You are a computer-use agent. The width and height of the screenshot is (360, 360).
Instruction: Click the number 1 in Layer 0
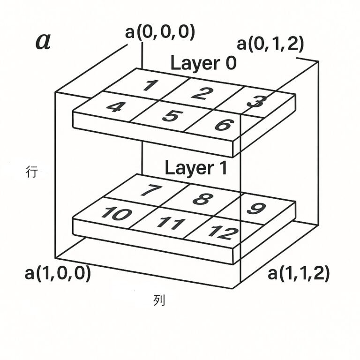point(149,85)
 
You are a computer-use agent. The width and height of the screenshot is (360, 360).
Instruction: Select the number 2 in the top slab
point(199,93)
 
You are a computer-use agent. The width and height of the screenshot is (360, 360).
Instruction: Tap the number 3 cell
point(255,101)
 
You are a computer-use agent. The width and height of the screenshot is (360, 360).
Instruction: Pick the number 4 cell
point(114,107)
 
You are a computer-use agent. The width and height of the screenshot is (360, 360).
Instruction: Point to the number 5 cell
point(169,115)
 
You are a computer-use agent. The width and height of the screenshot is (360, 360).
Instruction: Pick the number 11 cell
point(169,223)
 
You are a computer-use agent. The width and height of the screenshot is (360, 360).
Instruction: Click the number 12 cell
point(223,232)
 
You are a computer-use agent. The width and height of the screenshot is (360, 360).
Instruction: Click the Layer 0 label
point(203,63)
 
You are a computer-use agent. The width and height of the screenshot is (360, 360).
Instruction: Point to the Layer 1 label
point(196,167)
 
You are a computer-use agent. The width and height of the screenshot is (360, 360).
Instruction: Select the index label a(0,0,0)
point(160,33)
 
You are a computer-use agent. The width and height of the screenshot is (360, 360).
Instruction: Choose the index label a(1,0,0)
point(58,274)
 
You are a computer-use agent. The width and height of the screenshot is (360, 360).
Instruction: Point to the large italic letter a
point(43,41)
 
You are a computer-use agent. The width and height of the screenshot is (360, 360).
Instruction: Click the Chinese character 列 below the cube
point(159,300)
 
